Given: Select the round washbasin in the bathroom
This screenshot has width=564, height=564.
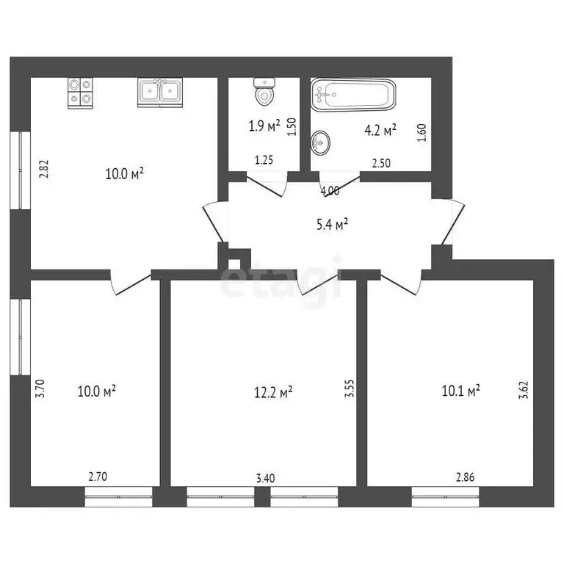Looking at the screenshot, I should [x=322, y=141].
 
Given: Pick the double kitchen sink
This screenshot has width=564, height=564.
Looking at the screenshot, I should [x=160, y=92].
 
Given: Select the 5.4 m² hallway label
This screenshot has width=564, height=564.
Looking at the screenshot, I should [x=332, y=225].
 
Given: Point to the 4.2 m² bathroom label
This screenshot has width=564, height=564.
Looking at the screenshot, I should [x=380, y=131].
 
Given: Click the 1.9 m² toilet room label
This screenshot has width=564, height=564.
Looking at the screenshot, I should [x=264, y=126].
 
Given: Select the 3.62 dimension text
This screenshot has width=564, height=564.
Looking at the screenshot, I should [x=524, y=388].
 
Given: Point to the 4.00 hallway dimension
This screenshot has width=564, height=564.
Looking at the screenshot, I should [x=330, y=191].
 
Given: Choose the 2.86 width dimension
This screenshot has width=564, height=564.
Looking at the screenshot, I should [x=465, y=477].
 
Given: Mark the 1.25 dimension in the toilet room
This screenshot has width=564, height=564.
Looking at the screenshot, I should [x=264, y=159].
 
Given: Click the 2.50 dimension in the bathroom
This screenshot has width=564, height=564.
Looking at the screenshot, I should [x=380, y=163].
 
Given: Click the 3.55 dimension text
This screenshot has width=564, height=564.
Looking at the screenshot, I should [x=350, y=388].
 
